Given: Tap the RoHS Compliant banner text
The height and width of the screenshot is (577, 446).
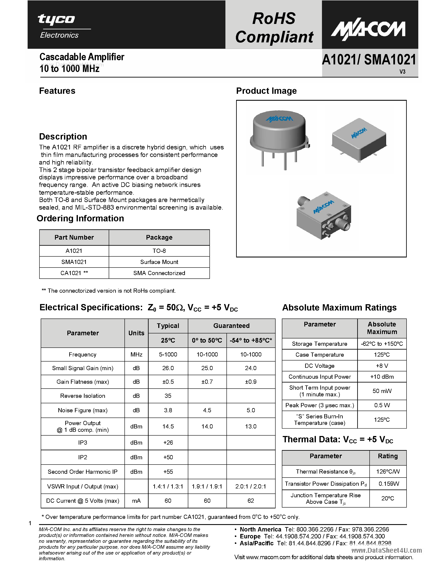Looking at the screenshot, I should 274,27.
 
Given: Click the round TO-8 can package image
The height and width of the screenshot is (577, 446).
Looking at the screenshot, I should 279,137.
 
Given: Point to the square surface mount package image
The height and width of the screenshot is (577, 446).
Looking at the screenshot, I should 359,141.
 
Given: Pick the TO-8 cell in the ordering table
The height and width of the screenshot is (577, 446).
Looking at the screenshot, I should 159,251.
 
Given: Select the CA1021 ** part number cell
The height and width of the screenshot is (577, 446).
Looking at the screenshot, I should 74,273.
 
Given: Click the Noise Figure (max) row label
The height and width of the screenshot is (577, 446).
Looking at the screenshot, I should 83,410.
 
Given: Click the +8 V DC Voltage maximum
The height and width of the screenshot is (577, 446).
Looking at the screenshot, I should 382,366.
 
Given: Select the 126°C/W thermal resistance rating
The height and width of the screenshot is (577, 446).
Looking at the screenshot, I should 388,472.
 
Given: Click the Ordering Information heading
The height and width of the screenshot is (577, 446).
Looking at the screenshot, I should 80,218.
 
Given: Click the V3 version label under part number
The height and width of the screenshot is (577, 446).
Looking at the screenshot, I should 402,72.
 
